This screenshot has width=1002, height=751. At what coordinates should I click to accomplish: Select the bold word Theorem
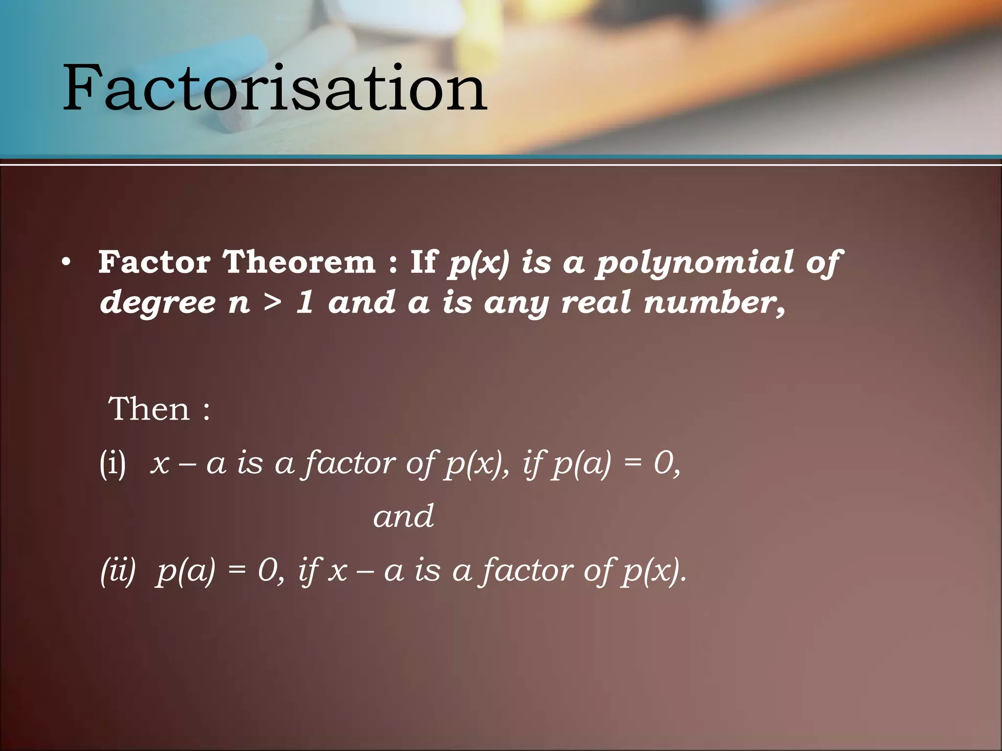click(x=299, y=263)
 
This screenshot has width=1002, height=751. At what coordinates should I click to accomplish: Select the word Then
click(x=149, y=409)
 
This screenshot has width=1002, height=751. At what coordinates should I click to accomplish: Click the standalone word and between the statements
click(x=403, y=516)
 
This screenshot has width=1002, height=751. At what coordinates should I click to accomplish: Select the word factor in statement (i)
click(x=348, y=463)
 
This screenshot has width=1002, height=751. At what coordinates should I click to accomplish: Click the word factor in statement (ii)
click(x=525, y=571)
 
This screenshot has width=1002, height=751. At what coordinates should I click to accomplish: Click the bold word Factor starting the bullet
click(x=154, y=263)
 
